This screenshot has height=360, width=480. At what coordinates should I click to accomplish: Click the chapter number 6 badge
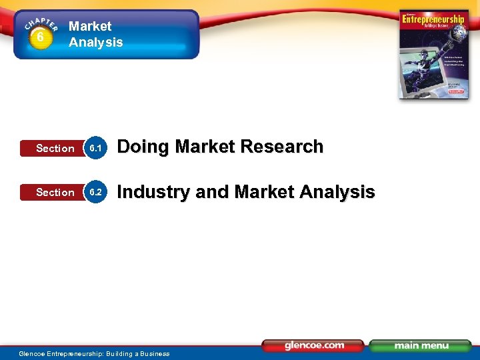(x=41, y=37)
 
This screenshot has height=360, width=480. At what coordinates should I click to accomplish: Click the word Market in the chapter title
(x=90, y=27)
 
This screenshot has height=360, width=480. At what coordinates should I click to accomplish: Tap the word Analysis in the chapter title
(x=96, y=43)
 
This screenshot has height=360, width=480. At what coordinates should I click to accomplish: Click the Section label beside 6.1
(x=55, y=149)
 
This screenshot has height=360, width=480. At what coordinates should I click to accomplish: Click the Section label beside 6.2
(x=55, y=193)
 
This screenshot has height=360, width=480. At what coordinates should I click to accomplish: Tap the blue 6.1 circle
(x=96, y=148)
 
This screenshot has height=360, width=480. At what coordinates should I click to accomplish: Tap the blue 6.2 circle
(x=96, y=192)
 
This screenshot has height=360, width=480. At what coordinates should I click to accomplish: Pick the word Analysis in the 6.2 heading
(x=337, y=192)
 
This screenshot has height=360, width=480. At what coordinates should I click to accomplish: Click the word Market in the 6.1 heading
(x=201, y=147)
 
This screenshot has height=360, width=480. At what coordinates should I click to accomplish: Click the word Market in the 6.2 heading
(x=263, y=192)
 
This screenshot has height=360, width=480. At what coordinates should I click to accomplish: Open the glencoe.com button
(x=313, y=345)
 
